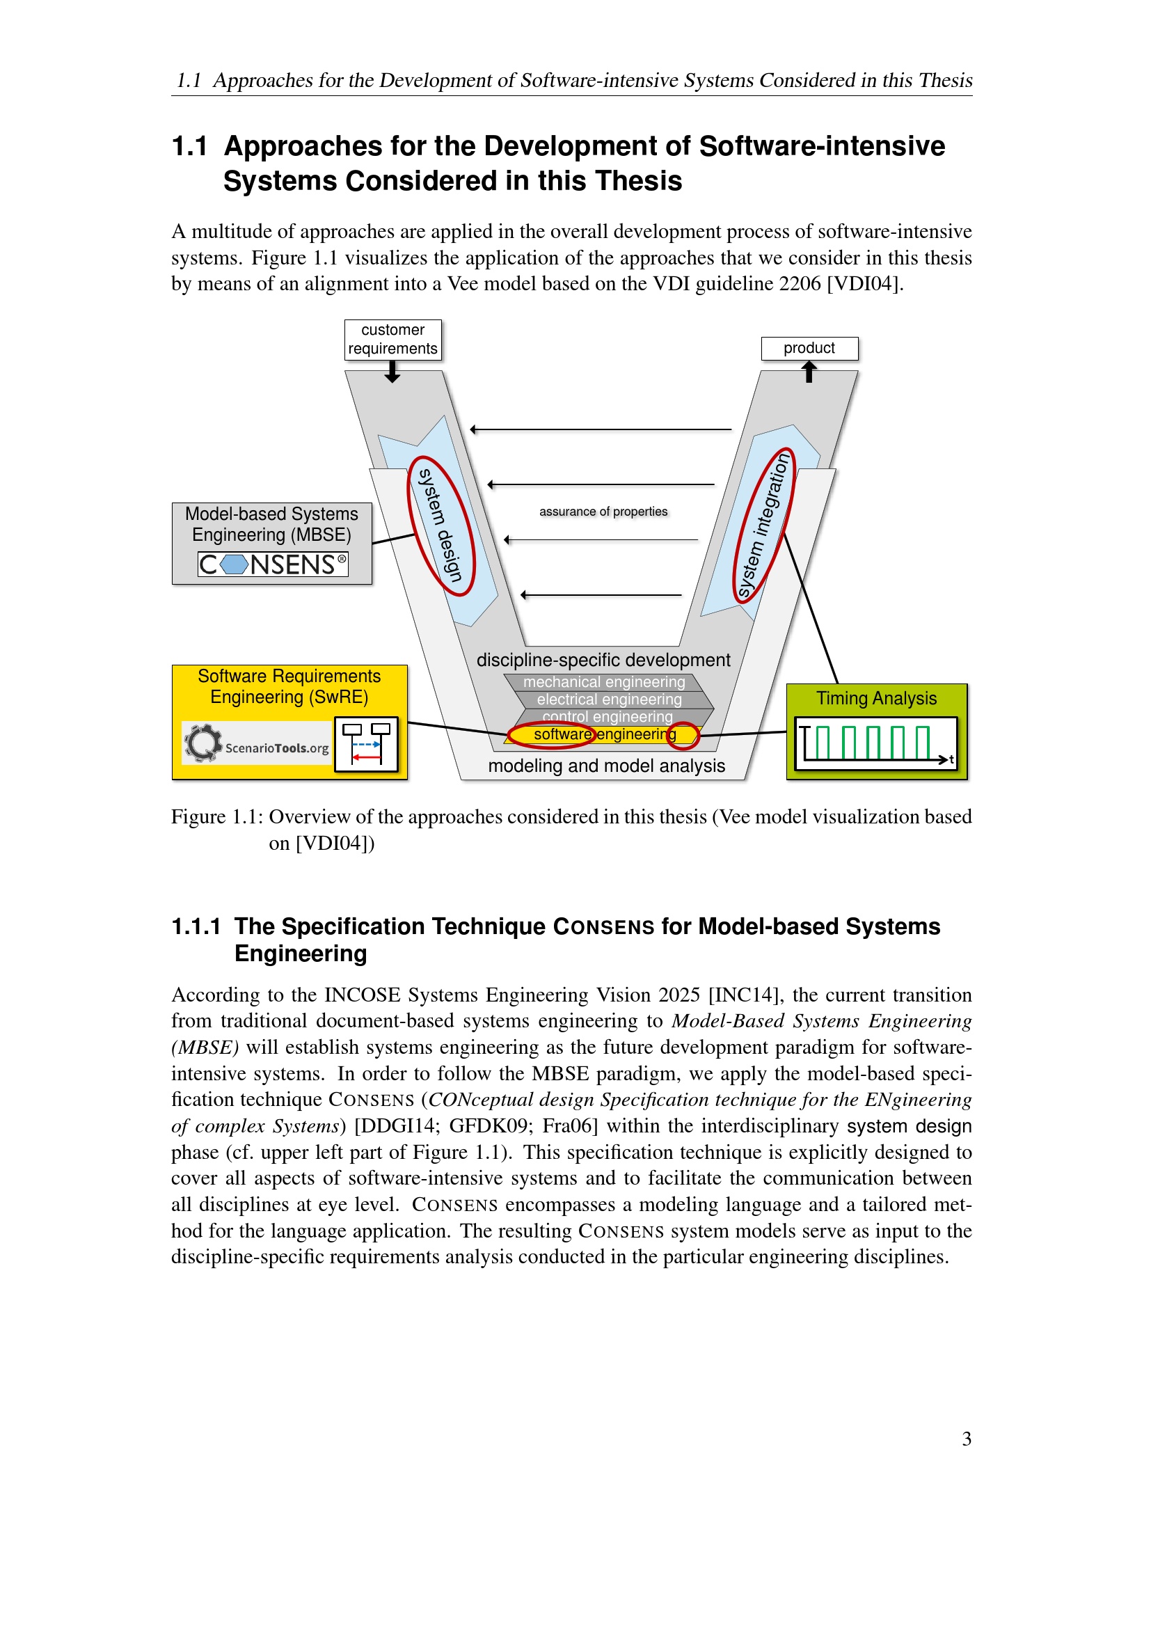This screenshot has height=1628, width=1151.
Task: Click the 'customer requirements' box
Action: (x=392, y=340)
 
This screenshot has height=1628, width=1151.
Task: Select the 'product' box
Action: (x=809, y=348)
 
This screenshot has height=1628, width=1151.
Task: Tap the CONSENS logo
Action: (x=273, y=564)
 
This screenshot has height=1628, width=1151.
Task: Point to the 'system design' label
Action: (x=440, y=525)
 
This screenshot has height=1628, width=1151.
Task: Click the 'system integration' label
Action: (x=763, y=525)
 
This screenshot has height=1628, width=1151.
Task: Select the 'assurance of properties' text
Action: (x=603, y=512)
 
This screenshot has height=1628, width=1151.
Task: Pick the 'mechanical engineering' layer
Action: (x=604, y=682)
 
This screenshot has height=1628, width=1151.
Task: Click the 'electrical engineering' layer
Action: (x=609, y=700)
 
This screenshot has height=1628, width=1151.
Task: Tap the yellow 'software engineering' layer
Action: (x=604, y=734)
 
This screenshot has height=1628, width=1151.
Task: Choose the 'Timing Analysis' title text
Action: (x=876, y=698)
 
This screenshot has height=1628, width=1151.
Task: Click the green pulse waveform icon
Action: (x=876, y=743)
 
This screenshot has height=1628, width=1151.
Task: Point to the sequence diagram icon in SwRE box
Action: (x=367, y=745)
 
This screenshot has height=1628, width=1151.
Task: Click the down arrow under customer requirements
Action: (x=392, y=372)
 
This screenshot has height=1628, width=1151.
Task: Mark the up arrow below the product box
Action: (x=809, y=372)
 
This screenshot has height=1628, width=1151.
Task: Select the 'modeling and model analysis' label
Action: (x=606, y=766)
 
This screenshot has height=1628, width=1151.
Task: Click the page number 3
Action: (x=966, y=1439)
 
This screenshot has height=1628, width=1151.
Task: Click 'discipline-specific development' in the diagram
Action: (x=603, y=660)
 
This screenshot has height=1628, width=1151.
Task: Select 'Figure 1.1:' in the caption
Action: (x=217, y=817)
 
